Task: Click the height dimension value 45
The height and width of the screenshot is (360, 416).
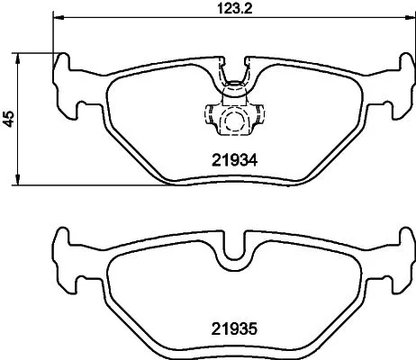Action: [x=10, y=118]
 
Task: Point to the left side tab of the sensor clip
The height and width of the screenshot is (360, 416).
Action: [x=209, y=116]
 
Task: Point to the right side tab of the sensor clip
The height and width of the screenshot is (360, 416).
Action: [x=259, y=116]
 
